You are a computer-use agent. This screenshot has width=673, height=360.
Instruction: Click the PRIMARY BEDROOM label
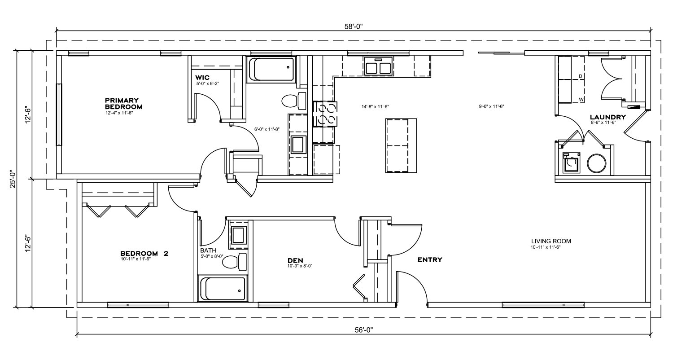point(123,103)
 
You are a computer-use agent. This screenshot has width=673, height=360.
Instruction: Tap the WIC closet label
point(202,78)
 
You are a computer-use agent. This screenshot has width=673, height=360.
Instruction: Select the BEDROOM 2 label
point(144,254)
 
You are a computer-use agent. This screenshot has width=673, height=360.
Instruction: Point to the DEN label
point(295,260)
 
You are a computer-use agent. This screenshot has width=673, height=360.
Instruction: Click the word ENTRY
point(430,260)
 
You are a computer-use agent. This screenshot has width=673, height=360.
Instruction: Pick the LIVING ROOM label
point(551,241)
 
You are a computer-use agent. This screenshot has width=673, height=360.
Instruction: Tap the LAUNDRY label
point(608,117)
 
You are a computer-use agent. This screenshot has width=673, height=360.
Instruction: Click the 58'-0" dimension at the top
point(354,26)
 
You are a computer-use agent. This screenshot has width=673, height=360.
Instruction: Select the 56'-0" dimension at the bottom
point(364,330)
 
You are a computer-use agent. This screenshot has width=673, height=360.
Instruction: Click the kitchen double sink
point(378,66)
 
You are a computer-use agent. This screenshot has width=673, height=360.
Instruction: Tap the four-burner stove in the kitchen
point(325,114)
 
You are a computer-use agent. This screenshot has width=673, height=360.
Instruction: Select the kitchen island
point(401,146)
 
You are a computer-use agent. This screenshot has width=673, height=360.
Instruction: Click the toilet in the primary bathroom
point(294,101)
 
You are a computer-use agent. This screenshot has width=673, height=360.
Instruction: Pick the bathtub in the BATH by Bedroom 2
point(223,289)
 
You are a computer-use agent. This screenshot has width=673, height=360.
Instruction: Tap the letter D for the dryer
point(581,76)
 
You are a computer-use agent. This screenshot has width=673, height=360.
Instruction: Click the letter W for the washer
point(581,100)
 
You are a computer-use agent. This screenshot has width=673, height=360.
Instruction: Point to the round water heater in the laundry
point(597,163)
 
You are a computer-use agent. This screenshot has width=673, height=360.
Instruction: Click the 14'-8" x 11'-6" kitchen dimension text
point(375,106)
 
